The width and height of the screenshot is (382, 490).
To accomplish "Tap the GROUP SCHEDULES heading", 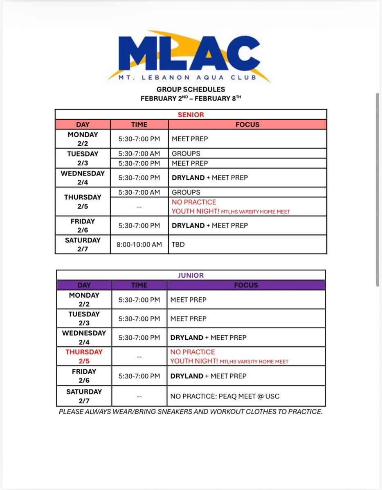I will coord(191,89).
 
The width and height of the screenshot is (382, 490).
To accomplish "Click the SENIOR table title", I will coord(191,115).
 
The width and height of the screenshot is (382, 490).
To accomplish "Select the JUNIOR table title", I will coord(191,275).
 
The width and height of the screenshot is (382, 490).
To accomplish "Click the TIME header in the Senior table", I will coord(139,125).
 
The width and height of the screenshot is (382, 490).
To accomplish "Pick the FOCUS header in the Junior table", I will coord(246,285).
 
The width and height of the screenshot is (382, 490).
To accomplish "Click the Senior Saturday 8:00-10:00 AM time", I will coord(139,245).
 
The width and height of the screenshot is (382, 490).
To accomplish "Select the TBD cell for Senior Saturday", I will coord(178,245).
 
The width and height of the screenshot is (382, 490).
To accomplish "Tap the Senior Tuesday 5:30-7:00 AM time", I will coord(139,154).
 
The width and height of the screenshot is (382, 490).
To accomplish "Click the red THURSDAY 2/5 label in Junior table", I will coord(84,356).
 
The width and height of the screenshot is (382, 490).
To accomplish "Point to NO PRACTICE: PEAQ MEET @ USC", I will coord(225,396).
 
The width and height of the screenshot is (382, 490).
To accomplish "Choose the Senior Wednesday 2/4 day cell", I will coord(83,178).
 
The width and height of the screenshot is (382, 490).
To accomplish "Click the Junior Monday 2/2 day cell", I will coord(84,300).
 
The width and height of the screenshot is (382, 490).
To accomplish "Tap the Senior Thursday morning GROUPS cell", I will coord(186,192).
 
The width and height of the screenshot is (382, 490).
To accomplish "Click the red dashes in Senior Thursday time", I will coord(139,207).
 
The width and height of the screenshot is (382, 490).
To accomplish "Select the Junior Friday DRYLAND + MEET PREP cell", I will coord(209,376).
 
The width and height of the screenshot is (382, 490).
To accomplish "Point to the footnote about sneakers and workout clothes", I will coord(191,412).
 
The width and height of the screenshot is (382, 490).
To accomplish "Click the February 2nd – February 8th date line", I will coord(191,98).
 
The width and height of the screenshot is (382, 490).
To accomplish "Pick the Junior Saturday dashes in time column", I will coord(139,396).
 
